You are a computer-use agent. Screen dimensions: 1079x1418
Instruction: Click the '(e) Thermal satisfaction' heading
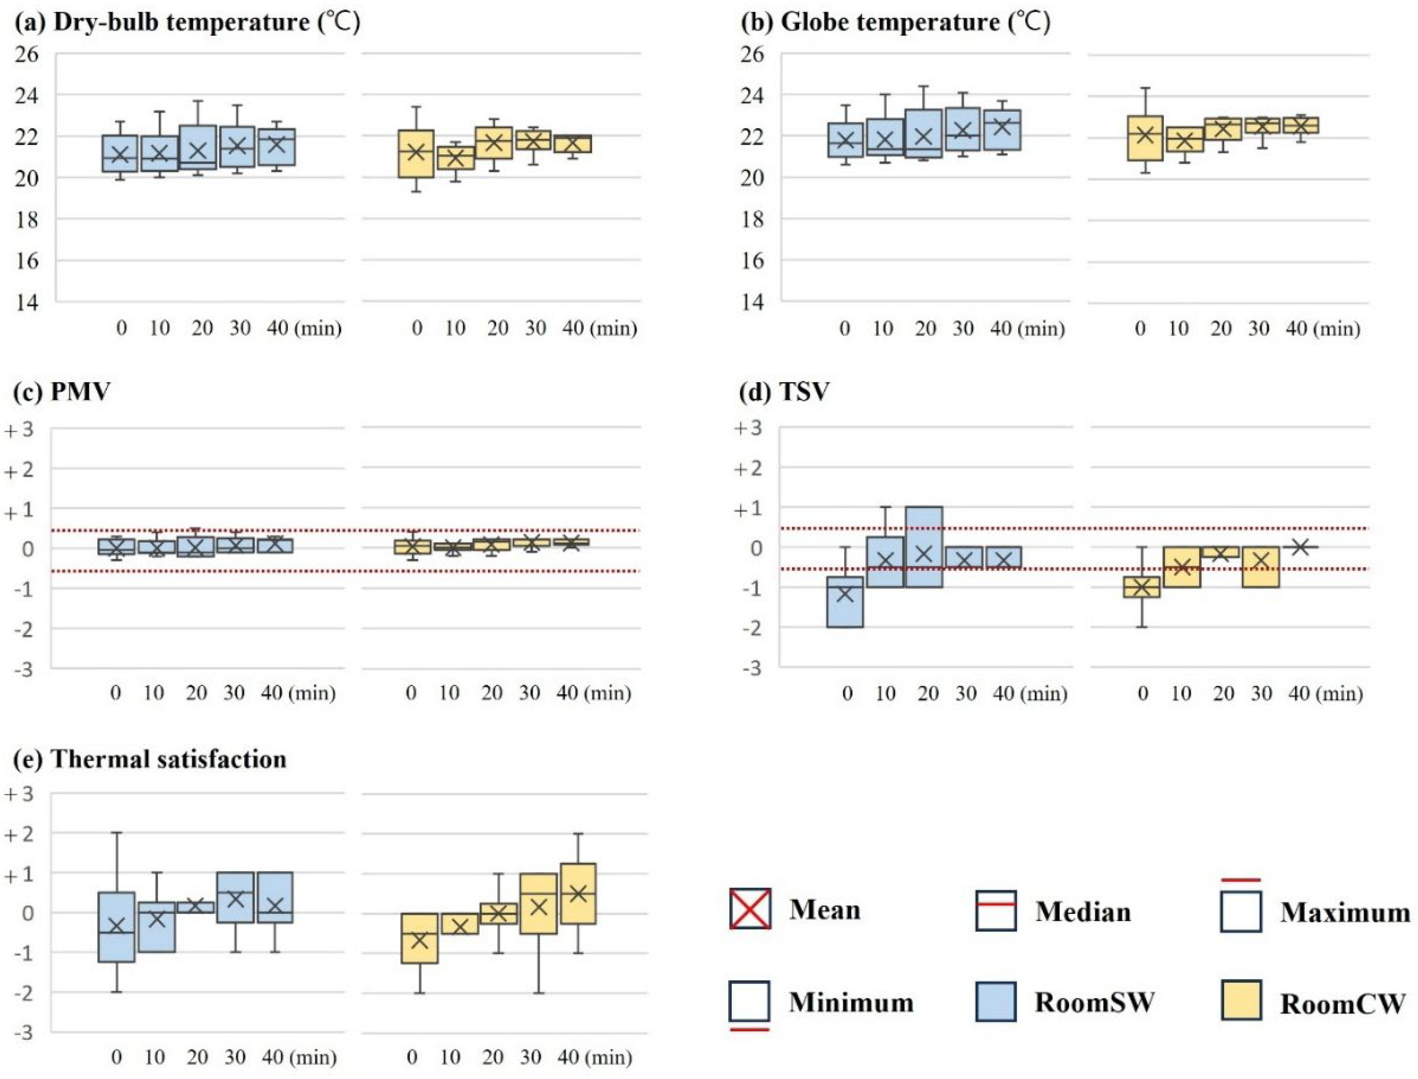coord(150,759)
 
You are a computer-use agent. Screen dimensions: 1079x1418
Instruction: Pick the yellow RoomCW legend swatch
coord(1241,1000)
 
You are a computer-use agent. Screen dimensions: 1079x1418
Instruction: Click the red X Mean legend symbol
coord(750,909)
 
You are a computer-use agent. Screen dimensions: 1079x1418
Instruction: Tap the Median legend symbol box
coord(995,910)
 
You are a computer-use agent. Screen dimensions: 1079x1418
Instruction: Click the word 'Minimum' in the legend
coord(851,1002)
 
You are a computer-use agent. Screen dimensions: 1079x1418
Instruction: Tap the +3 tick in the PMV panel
coord(19,429)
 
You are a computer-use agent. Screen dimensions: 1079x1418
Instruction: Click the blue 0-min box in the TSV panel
coord(845,602)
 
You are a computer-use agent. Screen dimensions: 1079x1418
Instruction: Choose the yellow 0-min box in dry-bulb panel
coord(416,154)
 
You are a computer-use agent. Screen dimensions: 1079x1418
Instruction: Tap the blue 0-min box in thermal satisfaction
coord(116,927)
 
